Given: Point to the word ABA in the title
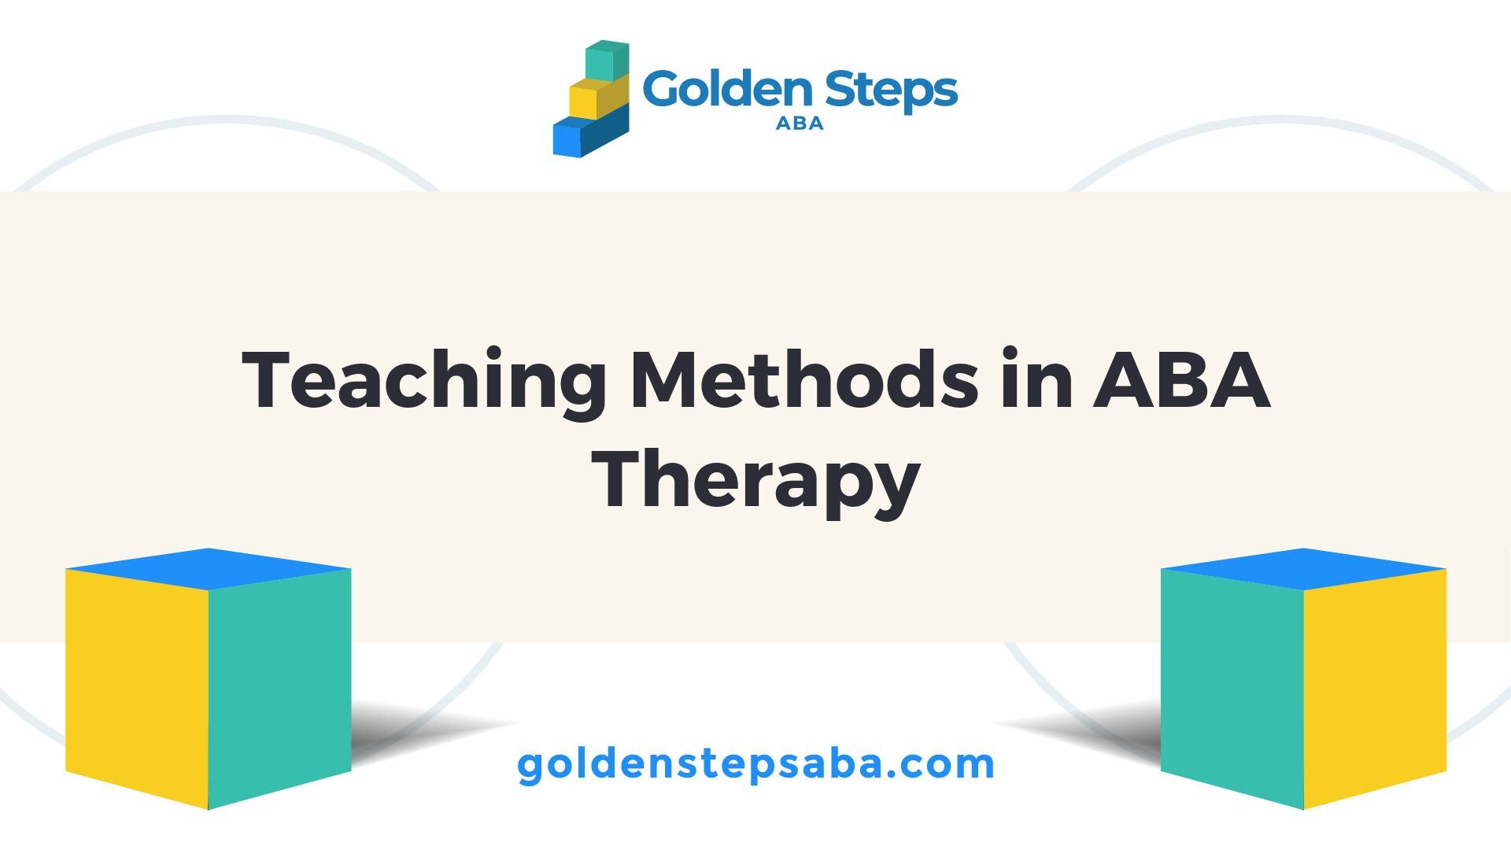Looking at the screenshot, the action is point(1180,379).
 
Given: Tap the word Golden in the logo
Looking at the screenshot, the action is point(725,90).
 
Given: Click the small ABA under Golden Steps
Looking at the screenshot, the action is point(800,124).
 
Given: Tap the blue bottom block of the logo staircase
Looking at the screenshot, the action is point(591,135).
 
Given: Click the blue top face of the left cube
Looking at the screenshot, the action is point(208,568).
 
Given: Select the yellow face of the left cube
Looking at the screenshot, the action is point(137,686).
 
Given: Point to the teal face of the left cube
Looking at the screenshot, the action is point(279,686).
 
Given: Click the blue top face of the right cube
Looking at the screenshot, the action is point(1303,568).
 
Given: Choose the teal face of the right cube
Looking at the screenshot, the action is point(1232,686).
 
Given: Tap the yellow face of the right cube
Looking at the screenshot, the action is point(1375,686).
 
